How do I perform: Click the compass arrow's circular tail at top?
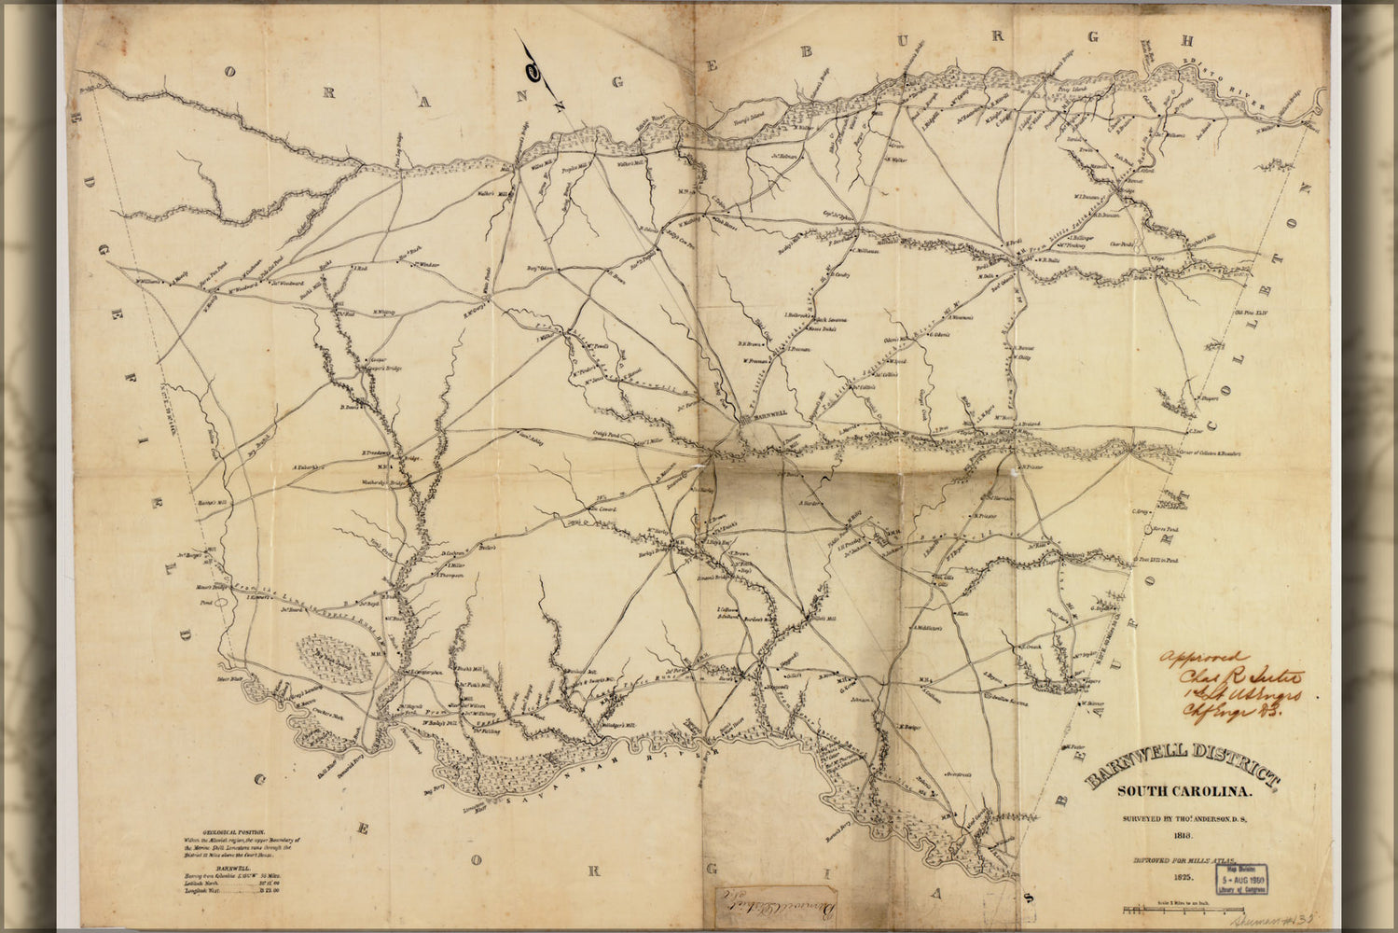533,69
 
